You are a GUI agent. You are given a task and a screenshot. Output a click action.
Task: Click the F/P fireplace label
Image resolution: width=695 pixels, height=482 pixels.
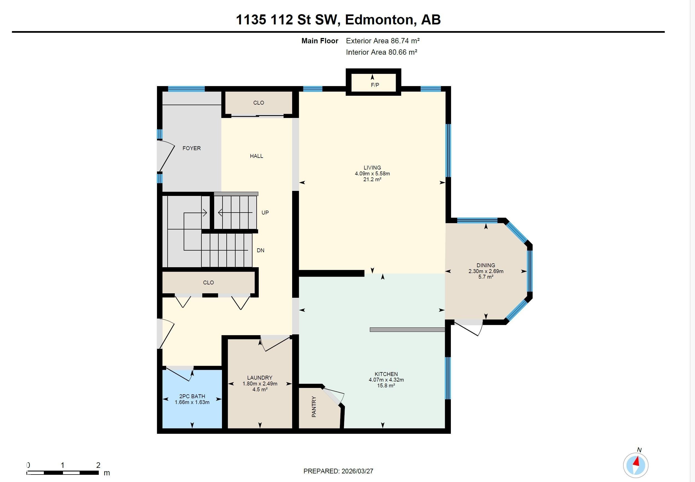click(x=375, y=85)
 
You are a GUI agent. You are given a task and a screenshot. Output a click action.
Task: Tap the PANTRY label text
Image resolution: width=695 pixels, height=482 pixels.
click(x=314, y=407)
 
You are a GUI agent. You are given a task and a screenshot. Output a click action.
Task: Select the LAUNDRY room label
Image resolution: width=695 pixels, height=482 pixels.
click(x=259, y=377)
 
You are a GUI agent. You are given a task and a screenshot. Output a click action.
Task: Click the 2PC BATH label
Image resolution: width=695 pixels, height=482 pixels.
click(x=192, y=396)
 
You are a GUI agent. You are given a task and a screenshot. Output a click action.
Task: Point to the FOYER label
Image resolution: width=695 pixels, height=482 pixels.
click(x=191, y=148)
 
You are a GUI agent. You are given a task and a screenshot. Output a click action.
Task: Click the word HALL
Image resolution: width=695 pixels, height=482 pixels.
click(x=256, y=156)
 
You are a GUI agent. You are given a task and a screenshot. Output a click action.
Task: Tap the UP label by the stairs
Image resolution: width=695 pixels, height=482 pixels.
click(x=265, y=213)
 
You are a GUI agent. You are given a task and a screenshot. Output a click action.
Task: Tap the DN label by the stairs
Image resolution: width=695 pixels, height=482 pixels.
click(x=260, y=250)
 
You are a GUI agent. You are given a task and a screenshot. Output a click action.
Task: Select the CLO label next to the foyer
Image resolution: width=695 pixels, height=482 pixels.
click(x=258, y=103)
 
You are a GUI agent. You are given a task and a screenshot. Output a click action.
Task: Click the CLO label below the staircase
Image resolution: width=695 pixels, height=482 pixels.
click(x=208, y=282)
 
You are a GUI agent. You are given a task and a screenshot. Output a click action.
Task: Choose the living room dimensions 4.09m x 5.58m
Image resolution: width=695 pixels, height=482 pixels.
click(x=372, y=174)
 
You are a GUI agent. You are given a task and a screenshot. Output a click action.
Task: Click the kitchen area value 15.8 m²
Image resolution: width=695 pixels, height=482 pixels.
click(x=386, y=386)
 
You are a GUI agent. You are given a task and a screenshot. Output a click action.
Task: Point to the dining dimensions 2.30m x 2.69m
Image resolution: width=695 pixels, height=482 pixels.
click(x=486, y=271)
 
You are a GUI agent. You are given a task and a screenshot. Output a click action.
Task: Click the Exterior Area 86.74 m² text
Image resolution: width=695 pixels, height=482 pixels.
click(x=383, y=41)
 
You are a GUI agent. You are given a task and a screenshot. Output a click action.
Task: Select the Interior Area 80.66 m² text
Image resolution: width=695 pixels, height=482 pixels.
click(x=381, y=52)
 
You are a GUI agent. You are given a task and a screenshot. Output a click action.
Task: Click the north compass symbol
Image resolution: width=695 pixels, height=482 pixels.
click(x=636, y=465)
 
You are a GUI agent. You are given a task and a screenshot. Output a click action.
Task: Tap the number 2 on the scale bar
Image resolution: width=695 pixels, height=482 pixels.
click(x=98, y=465)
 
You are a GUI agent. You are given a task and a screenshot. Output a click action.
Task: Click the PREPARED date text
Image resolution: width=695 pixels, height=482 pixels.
click(x=338, y=471)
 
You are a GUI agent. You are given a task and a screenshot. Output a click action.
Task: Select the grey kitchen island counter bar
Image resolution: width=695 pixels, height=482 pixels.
click(x=407, y=330)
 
